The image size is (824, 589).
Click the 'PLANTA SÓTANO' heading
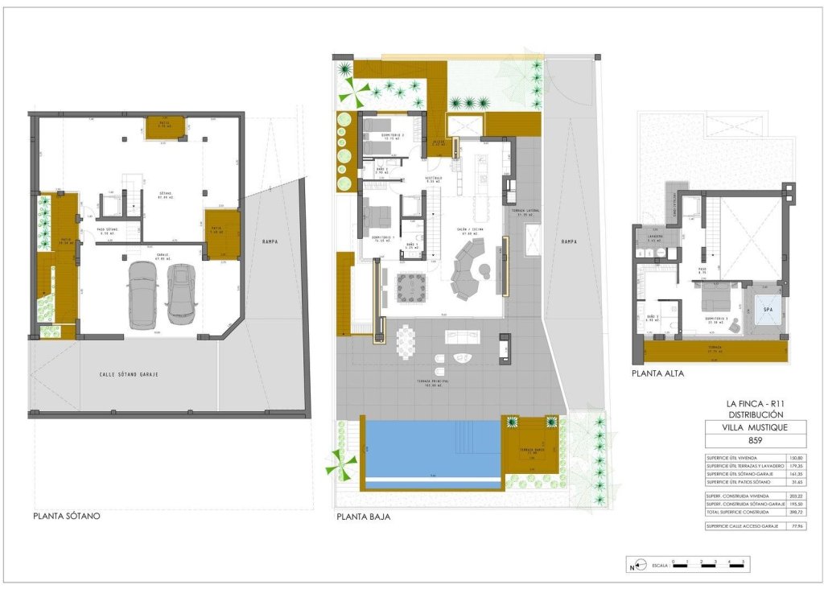[67, 516]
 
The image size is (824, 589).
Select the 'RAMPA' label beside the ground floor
[570, 241]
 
